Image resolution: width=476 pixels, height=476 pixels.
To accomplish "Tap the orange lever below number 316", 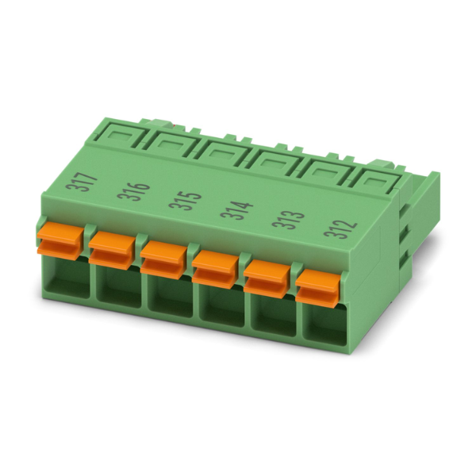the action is click(112, 249).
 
